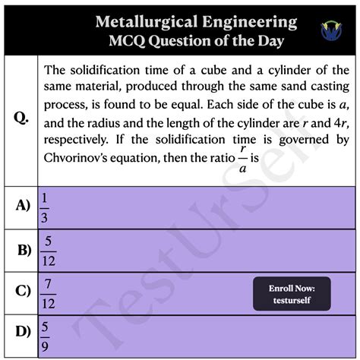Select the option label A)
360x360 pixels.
pos(22,204)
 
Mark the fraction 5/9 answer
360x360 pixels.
pos(45,333)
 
